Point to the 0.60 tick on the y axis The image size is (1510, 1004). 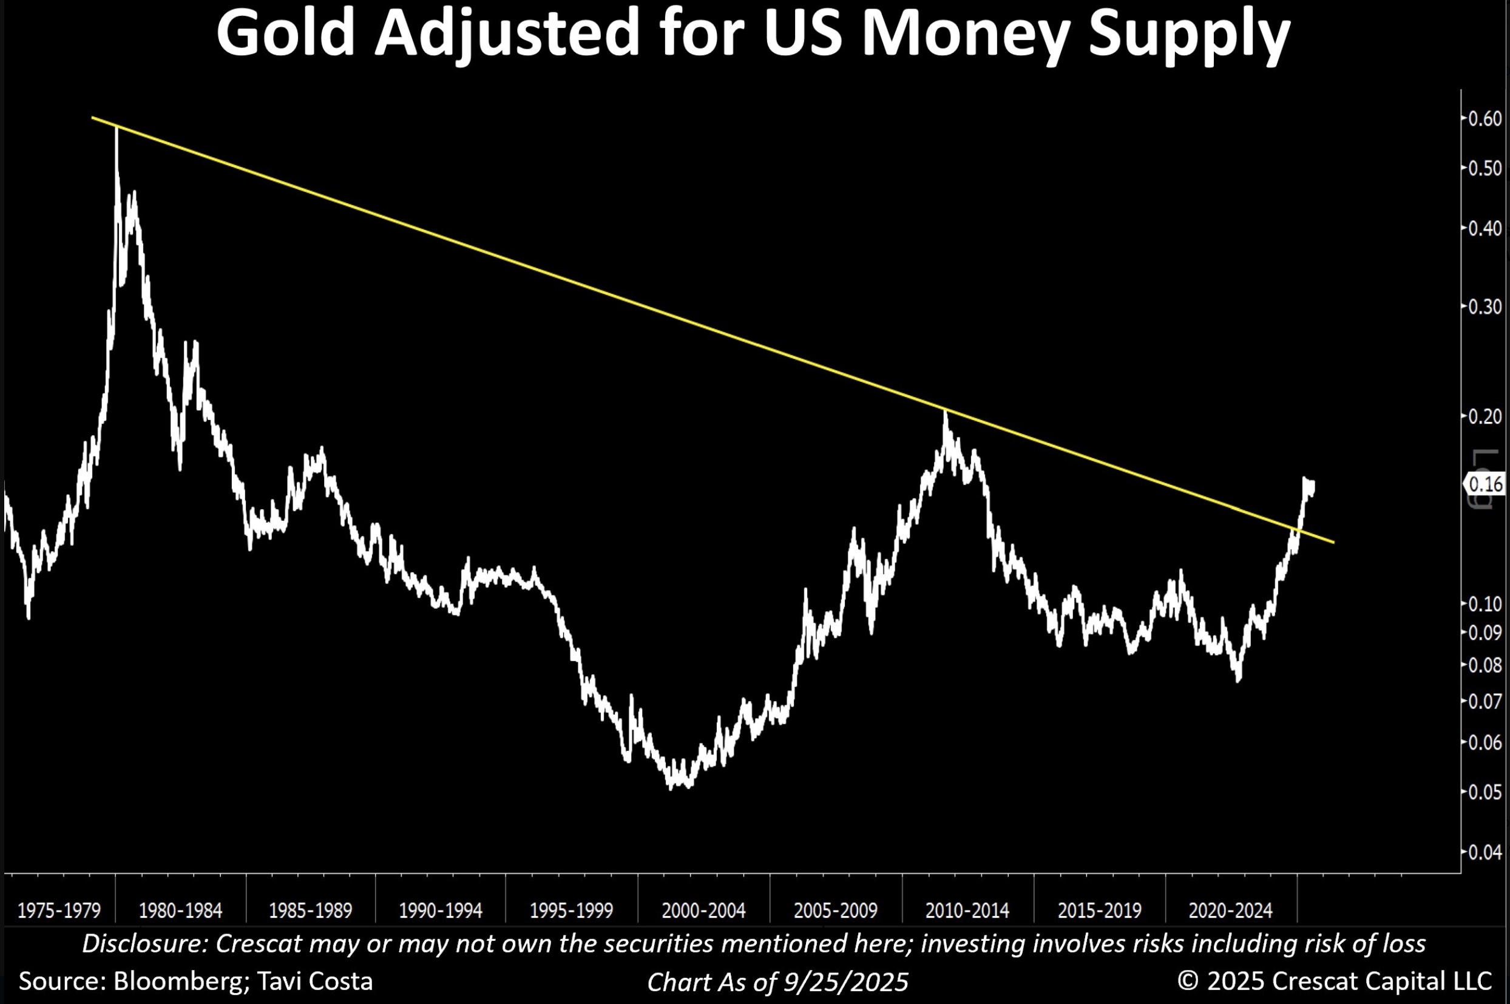click(1485, 119)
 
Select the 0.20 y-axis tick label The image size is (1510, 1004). click(1485, 416)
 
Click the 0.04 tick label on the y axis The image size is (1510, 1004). click(1485, 852)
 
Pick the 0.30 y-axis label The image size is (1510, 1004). click(1485, 307)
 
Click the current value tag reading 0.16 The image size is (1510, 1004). click(1486, 483)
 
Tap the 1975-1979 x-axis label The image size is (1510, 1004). click(59, 911)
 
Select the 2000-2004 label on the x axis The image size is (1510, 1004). click(703, 911)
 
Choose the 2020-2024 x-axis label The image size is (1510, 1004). click(1230, 911)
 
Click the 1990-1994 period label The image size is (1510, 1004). click(441, 911)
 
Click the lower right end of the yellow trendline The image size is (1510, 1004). click(1333, 542)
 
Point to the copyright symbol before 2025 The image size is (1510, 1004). click(1187, 982)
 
